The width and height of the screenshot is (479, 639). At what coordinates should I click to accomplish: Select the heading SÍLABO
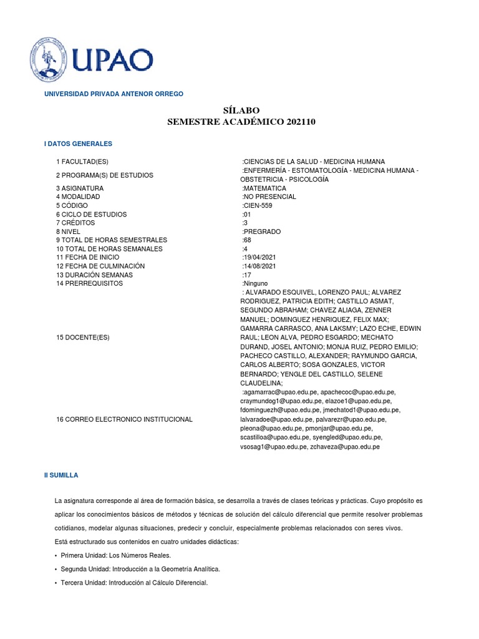[x=241, y=110]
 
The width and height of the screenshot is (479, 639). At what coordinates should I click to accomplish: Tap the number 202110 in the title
[x=296, y=122]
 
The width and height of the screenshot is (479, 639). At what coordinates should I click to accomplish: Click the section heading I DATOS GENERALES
[x=77, y=144]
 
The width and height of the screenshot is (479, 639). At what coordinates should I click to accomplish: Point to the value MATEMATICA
[x=264, y=188]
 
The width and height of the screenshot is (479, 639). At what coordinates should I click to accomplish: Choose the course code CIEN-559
[x=258, y=205]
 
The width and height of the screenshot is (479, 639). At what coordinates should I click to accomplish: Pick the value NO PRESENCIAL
[x=269, y=197]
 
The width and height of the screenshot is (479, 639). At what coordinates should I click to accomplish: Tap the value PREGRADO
[x=261, y=232]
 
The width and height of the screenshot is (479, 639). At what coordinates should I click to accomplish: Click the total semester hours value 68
[x=246, y=240]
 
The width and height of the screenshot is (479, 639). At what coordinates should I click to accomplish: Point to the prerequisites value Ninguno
[x=255, y=283]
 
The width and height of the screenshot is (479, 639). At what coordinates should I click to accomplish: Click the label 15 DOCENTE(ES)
[x=82, y=338]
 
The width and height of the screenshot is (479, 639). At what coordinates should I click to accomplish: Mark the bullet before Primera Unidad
[x=57, y=555]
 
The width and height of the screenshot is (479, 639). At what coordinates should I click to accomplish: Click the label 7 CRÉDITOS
[x=79, y=223]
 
